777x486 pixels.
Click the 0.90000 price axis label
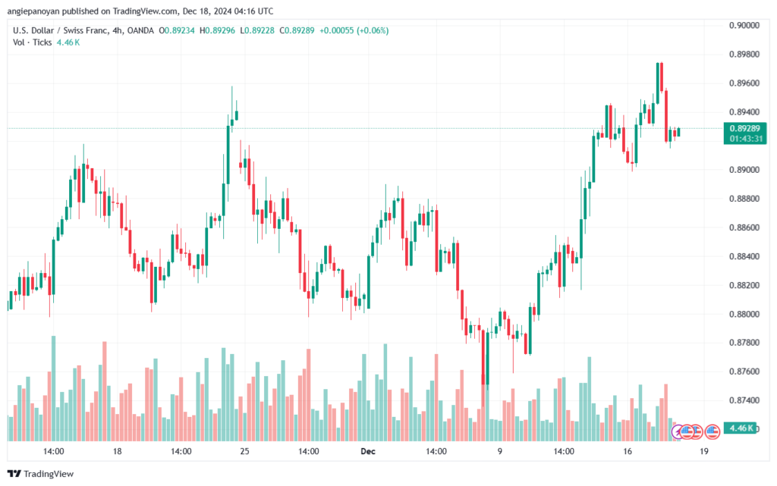pos(744,25)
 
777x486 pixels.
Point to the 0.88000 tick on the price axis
pos(744,314)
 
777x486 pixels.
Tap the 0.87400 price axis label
pos(744,400)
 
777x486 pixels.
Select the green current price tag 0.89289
pos(745,129)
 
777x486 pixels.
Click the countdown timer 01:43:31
pos(746,139)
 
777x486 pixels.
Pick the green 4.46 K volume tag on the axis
pos(741,428)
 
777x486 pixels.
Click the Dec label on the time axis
pos(368,451)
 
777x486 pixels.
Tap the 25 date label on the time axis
pos(245,451)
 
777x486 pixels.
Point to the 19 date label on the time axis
pos(704,451)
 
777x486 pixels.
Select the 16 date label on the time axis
pos(628,451)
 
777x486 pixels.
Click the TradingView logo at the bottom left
pos(41,474)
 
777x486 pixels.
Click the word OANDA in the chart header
pos(140,30)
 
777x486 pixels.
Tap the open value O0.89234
pos(177,30)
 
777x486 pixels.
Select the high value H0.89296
pos(217,30)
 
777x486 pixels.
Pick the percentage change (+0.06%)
pos(372,30)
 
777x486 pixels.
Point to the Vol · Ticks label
pos(32,42)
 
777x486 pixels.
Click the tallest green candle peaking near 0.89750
pos(658,83)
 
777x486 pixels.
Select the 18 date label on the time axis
pos(117,451)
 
